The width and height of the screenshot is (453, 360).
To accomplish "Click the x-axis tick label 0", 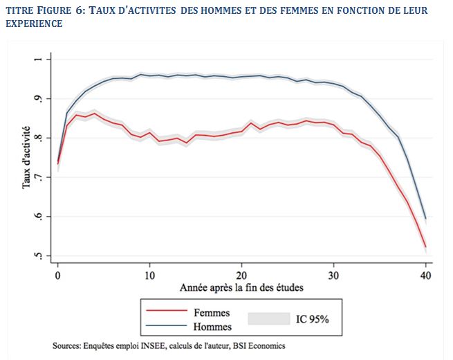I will click(58, 274).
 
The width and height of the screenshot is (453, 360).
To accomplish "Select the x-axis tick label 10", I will click(149, 274).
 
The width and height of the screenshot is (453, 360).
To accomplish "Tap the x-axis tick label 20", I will click(241, 274).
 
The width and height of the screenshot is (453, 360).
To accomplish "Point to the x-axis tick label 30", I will click(334, 274).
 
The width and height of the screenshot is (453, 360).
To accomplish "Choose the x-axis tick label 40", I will click(426, 274).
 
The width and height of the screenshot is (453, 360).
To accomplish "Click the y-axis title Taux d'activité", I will click(26, 158).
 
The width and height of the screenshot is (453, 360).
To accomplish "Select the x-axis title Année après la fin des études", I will click(241, 287).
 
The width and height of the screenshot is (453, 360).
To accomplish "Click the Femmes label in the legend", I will click(211, 313).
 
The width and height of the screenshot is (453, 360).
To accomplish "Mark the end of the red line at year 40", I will click(425, 246).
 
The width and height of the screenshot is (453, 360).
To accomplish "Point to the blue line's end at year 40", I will click(425, 219).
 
